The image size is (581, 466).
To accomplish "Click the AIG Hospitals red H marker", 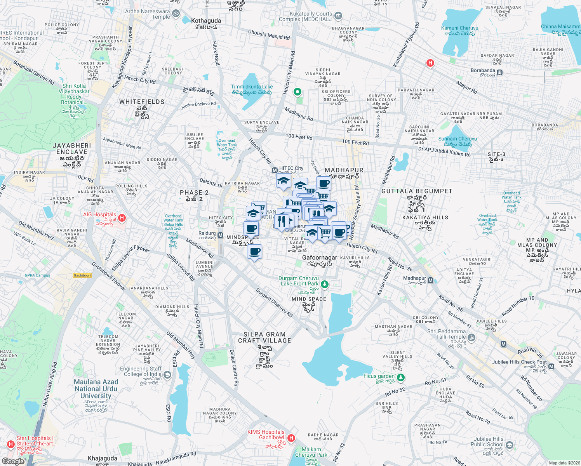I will (122, 217).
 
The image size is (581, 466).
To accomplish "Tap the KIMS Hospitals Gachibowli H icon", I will (291, 438).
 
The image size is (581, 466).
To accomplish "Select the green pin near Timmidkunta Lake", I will (297, 92).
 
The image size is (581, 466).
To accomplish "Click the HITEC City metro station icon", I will (275, 170).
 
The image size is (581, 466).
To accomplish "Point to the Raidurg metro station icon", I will (220, 235).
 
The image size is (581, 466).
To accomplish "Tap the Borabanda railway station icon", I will (499, 73).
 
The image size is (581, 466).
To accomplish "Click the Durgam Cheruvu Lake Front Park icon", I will (325, 284).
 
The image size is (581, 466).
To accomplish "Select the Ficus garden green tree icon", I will (401, 377).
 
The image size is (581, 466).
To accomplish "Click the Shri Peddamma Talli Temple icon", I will (471, 337).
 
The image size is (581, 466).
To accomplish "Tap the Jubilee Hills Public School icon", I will (510, 445).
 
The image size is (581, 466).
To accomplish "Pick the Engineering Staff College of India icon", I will (167, 375).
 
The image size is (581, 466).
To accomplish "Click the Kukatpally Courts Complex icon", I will (338, 16).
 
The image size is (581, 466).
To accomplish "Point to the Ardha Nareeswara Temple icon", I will (176, 14).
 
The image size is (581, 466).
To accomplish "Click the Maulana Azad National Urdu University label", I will (96, 389).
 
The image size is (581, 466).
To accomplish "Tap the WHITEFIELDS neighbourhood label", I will (142, 102).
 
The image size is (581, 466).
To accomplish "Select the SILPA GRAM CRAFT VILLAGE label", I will (264, 337).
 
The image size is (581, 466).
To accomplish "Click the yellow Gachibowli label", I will (82, 275).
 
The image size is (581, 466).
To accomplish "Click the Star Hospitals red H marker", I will (10, 444).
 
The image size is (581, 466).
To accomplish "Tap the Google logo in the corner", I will (13, 461).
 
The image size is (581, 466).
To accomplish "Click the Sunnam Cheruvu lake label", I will (457, 139).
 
